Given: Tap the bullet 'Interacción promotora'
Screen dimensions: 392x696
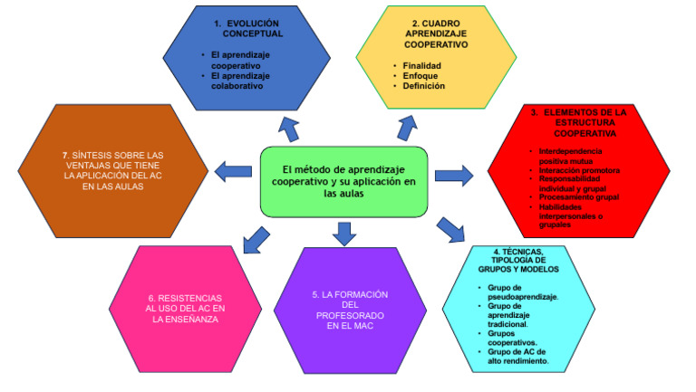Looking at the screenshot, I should click(579, 170).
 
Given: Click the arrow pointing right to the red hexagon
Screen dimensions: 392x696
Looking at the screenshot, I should click(460, 174).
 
